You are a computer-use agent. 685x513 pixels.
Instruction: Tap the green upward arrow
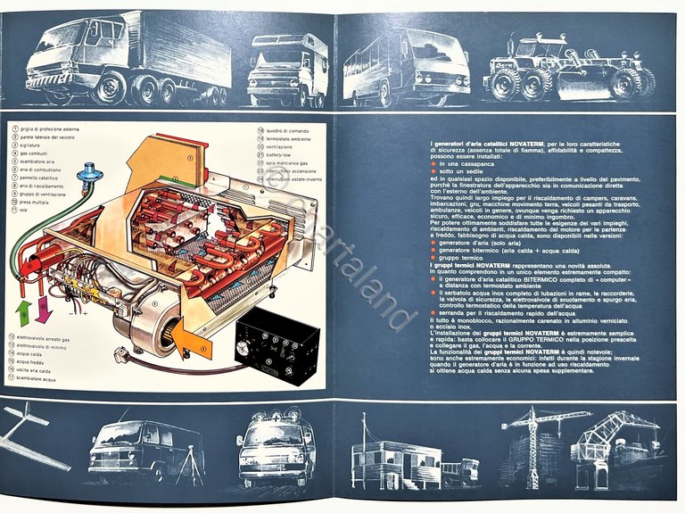[24, 313]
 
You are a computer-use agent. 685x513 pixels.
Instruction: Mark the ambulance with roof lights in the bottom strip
[276, 451]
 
